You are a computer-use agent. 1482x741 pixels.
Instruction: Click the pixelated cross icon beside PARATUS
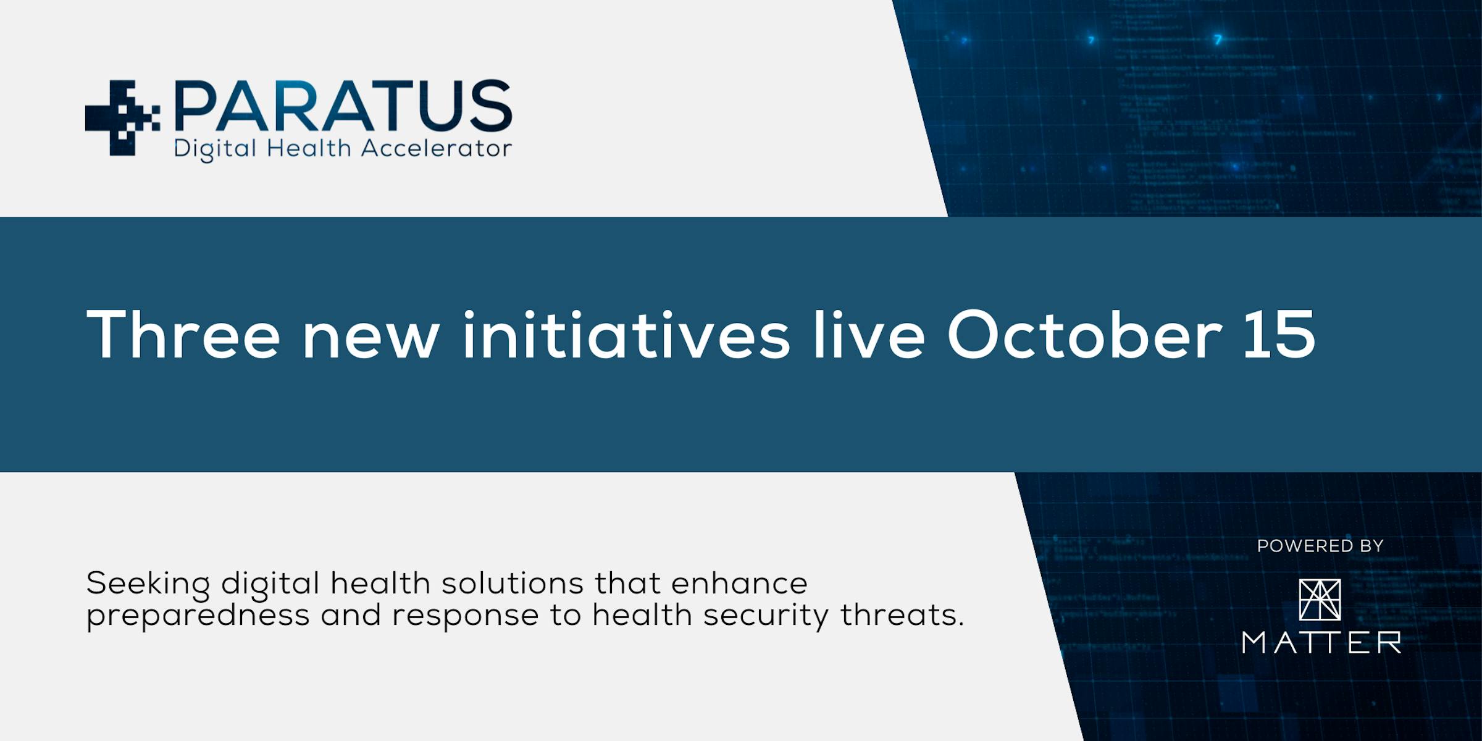click(122, 117)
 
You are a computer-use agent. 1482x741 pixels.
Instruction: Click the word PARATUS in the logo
click(343, 106)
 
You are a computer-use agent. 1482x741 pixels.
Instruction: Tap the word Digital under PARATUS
click(215, 149)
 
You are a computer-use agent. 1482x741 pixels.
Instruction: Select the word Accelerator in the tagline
click(436, 148)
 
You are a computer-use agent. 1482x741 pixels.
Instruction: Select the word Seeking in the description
click(148, 585)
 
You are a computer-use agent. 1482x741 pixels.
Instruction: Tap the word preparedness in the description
click(198, 616)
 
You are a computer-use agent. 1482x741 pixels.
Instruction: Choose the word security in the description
click(766, 616)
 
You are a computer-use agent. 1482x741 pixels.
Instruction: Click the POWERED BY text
click(1320, 546)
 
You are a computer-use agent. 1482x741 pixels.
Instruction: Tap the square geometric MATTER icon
click(1320, 600)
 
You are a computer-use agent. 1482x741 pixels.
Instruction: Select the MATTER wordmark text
click(1321, 643)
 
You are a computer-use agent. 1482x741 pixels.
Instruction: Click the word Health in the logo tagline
click(309, 148)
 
